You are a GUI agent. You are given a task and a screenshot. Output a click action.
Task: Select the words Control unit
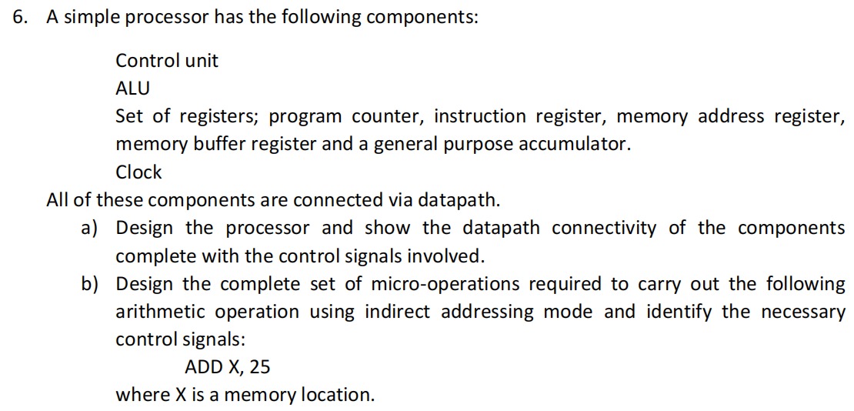pyautogui.click(x=167, y=61)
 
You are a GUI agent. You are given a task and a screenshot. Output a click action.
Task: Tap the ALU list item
pyautogui.click(x=132, y=89)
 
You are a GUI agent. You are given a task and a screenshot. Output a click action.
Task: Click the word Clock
pyautogui.click(x=138, y=172)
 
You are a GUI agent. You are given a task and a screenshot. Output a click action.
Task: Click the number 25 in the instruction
pyautogui.click(x=260, y=367)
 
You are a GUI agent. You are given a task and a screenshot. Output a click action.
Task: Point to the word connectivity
pyautogui.click(x=602, y=228)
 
